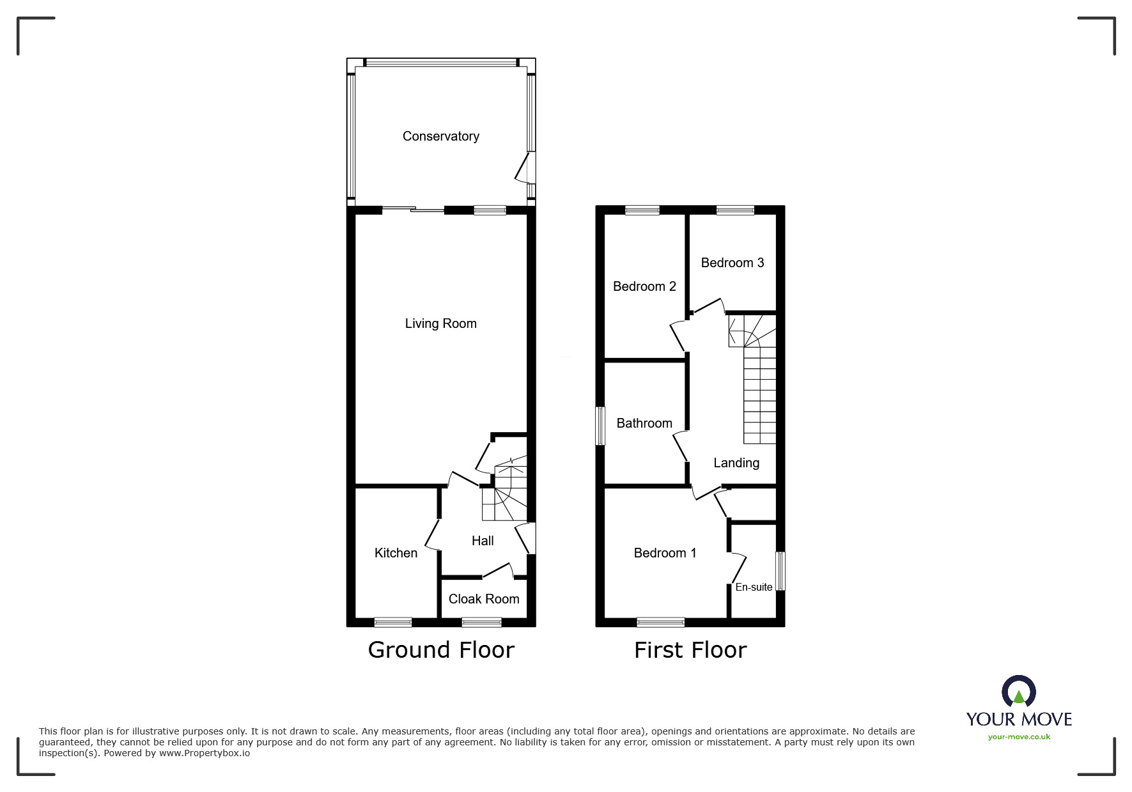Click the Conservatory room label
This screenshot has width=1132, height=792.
(440, 136)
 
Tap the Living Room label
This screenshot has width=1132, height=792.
(440, 323)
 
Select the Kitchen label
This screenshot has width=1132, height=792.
(396, 553)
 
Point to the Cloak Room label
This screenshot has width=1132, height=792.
(484, 599)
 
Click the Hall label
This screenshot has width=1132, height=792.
(483, 541)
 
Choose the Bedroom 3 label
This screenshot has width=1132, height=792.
(732, 263)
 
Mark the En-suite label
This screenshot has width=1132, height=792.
(754, 587)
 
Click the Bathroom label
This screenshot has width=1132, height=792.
(644, 423)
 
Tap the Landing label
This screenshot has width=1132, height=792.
(736, 463)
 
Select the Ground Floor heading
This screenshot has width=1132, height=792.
(441, 650)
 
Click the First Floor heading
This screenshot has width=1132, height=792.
(690, 650)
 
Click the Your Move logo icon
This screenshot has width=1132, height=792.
(1018, 692)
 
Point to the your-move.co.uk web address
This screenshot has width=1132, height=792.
(1019, 737)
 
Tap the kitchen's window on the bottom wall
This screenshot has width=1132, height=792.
(393, 622)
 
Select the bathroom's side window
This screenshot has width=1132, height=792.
(600, 426)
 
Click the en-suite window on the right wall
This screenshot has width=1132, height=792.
(780, 571)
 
